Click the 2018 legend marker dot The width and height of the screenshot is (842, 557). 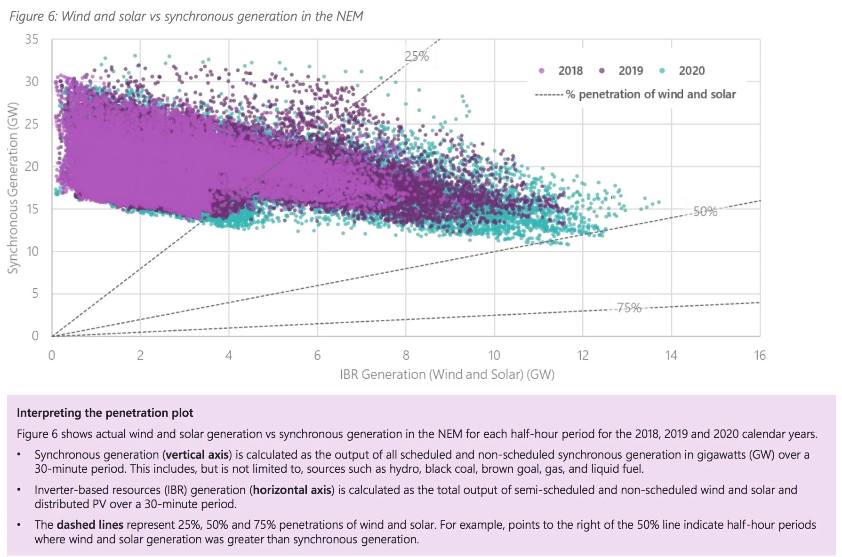(x=541, y=71)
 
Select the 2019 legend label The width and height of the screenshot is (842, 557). (x=630, y=71)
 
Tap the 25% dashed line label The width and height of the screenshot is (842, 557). (x=417, y=56)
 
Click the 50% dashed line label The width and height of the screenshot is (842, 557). (x=705, y=212)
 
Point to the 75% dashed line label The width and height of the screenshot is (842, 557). (x=629, y=308)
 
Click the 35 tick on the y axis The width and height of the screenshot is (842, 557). (x=32, y=39)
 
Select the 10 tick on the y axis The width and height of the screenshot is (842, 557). (x=32, y=251)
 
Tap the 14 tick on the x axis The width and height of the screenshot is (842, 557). (x=671, y=355)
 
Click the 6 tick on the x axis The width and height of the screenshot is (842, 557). (x=317, y=355)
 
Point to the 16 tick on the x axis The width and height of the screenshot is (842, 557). (x=759, y=355)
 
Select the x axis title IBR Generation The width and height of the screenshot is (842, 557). (x=447, y=374)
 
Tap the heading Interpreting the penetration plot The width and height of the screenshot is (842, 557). (x=104, y=413)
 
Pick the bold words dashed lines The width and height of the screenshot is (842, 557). (x=90, y=525)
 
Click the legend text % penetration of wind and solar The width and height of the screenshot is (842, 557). (x=650, y=95)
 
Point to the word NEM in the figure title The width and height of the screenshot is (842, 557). (x=349, y=16)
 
